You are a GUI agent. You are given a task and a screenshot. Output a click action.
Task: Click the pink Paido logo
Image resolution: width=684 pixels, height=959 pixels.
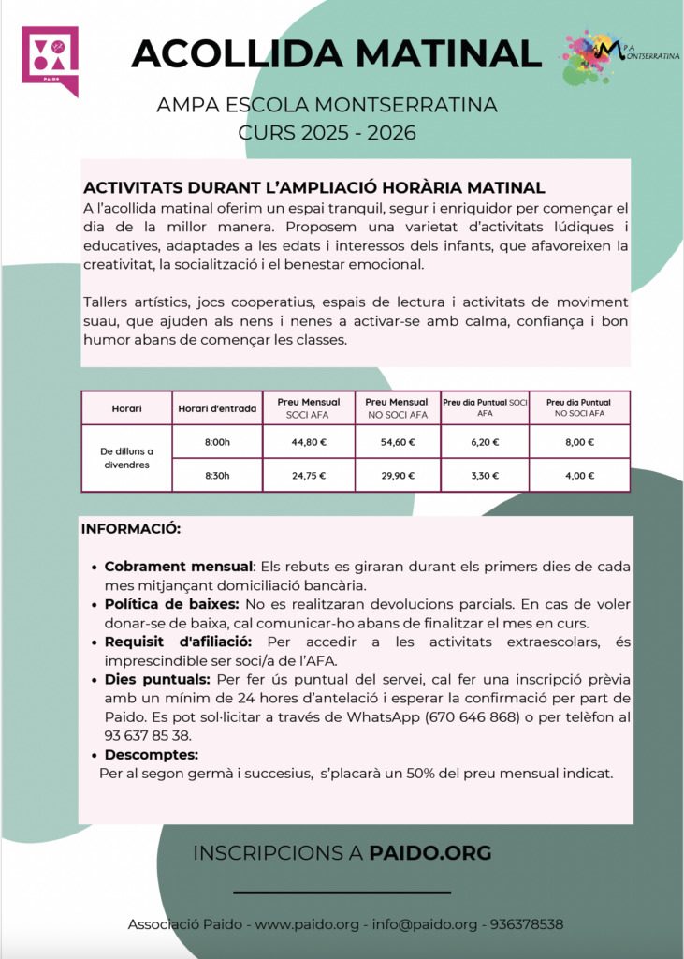point(50,59)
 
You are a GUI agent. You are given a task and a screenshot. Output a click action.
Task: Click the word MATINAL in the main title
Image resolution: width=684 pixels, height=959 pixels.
point(437,52)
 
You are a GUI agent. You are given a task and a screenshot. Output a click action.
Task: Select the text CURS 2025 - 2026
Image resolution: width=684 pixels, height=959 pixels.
point(327,132)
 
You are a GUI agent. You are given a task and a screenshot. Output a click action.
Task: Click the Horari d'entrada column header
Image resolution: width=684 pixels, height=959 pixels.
point(216,408)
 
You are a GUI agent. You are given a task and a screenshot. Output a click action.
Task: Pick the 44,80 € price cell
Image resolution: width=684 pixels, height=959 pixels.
point(309,442)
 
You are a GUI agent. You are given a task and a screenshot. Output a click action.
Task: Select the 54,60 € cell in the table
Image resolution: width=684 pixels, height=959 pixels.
point(396,442)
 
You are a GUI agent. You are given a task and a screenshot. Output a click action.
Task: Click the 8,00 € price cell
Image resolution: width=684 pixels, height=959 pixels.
point(579,442)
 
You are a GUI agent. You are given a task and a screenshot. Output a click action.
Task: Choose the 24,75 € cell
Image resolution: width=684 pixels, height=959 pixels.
point(309,475)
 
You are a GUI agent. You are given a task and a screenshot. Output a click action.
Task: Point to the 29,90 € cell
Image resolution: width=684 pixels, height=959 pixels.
point(396,475)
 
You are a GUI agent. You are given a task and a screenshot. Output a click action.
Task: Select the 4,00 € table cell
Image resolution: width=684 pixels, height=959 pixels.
point(579,475)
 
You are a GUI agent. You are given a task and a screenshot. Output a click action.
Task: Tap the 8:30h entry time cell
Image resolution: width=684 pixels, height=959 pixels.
point(216,475)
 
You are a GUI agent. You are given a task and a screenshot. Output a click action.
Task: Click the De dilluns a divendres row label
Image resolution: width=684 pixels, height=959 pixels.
point(127,458)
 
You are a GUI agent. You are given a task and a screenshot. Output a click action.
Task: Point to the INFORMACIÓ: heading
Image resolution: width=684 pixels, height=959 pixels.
point(131,529)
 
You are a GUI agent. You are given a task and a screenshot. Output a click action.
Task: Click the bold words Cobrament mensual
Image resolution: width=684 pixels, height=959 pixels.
point(179,568)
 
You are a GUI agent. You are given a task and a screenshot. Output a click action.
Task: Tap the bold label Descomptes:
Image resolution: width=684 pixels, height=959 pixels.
point(152,755)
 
